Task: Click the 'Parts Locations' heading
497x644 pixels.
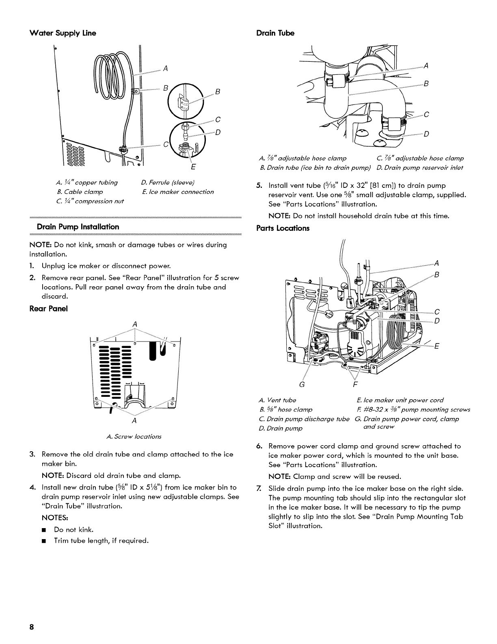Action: pos(283,228)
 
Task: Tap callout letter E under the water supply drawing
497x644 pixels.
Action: pos(193,167)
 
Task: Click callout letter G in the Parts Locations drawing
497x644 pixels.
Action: pos(301,383)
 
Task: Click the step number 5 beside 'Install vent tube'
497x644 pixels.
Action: pos(259,186)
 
